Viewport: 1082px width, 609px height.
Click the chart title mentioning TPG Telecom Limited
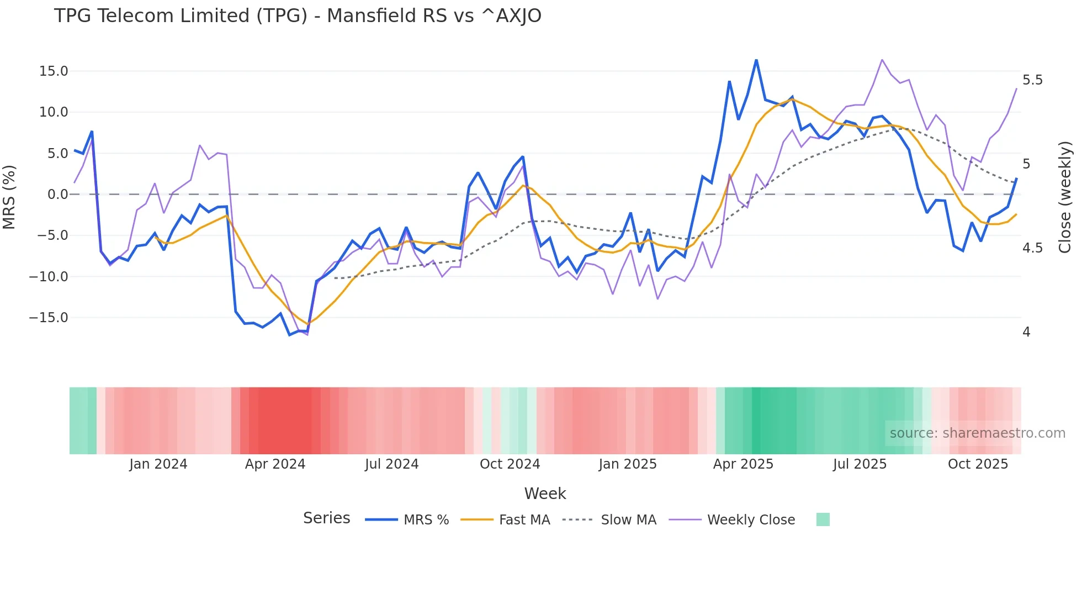click(298, 16)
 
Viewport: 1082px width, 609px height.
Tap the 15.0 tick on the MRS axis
click(54, 71)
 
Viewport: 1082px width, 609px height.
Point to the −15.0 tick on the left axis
click(49, 318)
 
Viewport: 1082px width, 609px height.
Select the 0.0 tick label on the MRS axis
click(57, 195)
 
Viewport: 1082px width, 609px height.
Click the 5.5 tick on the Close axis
click(1032, 80)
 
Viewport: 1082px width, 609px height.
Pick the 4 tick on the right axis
click(1026, 332)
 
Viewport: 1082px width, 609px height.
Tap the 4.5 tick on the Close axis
click(1032, 248)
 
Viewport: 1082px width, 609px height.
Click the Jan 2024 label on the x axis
click(158, 464)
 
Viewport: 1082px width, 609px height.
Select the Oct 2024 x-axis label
click(510, 464)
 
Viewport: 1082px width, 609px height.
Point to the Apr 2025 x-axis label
click(743, 464)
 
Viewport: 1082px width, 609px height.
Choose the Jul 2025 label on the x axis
click(860, 464)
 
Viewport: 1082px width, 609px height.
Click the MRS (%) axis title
click(9, 197)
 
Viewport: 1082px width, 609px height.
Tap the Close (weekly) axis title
click(1065, 197)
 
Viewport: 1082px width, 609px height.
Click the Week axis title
click(545, 494)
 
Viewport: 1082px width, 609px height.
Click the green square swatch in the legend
click(823, 519)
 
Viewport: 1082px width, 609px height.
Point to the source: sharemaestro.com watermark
click(977, 433)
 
